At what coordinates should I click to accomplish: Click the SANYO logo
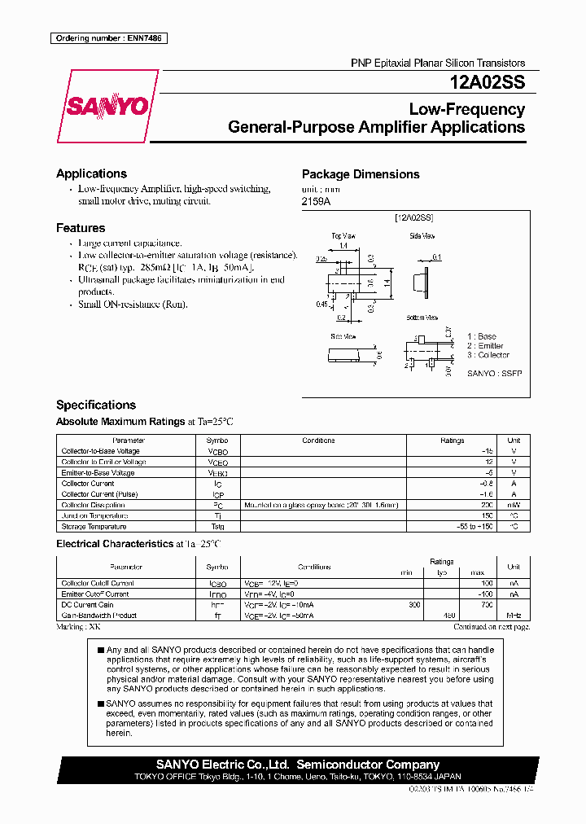coord(106,107)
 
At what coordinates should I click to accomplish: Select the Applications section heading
coord(91,173)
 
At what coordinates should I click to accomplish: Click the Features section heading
coord(81,228)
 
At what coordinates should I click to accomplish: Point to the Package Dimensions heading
coord(361,174)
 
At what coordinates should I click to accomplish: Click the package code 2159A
coord(317,200)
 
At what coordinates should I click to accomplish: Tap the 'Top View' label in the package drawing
coord(343,235)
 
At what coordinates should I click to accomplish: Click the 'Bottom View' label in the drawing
coord(422,317)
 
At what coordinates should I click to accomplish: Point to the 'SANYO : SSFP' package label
coord(494,373)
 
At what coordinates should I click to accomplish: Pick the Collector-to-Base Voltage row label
coord(100,451)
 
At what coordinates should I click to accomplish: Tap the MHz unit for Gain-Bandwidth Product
coord(513,616)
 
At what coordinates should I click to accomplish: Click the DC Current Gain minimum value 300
coord(414,605)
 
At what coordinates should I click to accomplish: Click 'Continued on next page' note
coord(491,627)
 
